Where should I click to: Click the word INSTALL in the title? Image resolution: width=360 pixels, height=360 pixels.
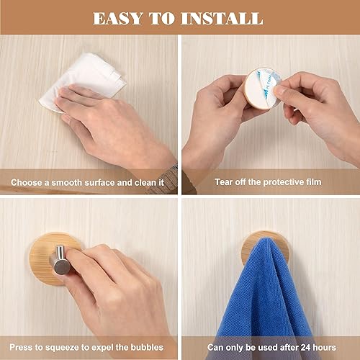point(222,19)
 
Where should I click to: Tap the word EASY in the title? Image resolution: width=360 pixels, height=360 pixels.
point(117,19)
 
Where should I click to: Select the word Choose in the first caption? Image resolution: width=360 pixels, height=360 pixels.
point(26,183)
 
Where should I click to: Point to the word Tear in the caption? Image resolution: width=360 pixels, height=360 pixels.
point(224,182)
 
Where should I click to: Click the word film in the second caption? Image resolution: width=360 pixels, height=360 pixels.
point(313,182)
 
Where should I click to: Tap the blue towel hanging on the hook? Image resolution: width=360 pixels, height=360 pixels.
point(264,300)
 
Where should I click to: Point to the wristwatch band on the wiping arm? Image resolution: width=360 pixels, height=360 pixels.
point(166,180)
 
